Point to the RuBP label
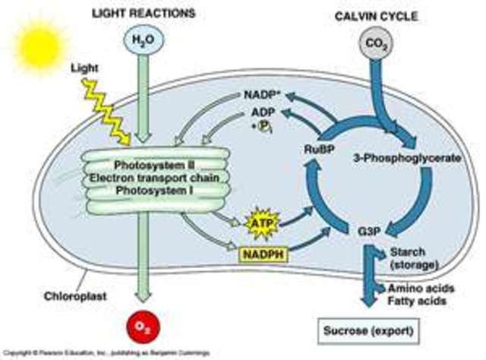pos(315,148)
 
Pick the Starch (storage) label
pos(415,257)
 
